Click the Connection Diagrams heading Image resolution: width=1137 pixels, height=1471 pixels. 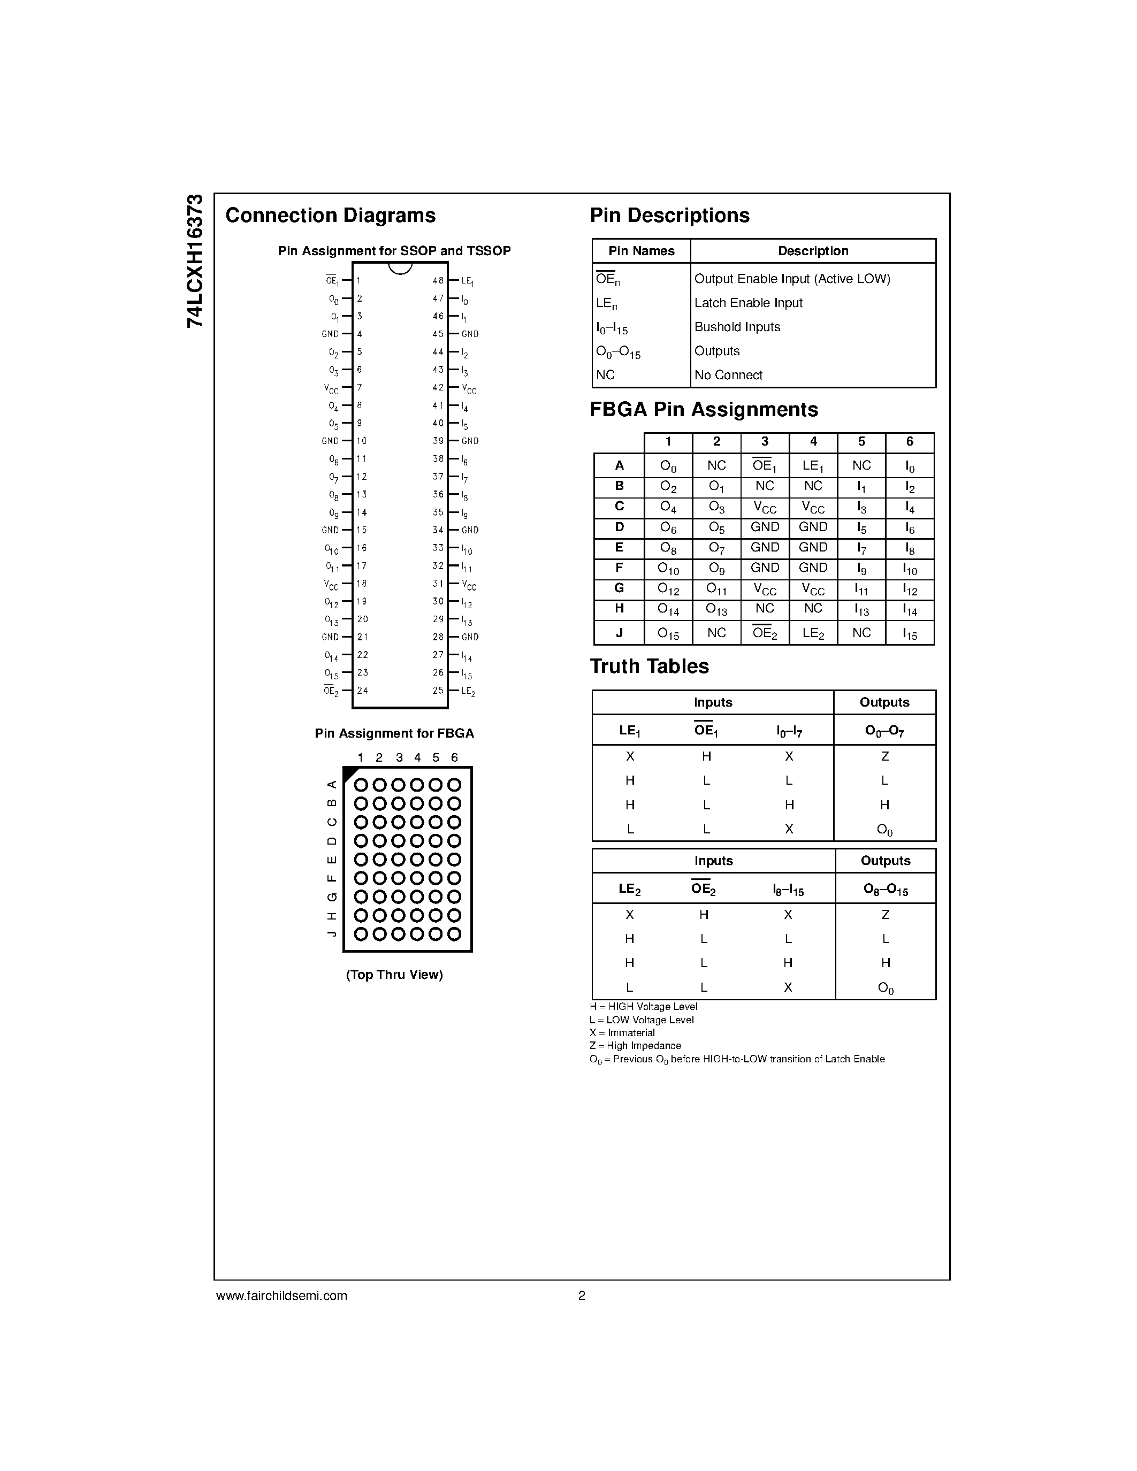[x=330, y=216]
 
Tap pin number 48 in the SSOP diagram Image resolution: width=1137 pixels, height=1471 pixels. [x=438, y=280]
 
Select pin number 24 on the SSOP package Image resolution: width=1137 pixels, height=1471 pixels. [x=362, y=691]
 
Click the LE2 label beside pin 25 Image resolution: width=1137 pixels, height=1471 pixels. [x=468, y=691]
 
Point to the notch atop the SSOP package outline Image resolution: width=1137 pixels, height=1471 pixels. [x=400, y=267]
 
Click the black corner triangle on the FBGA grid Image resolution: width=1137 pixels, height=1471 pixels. [x=349, y=773]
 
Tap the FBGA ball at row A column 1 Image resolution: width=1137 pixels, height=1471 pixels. [x=361, y=785]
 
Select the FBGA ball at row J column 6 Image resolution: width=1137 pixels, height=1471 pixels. [x=454, y=934]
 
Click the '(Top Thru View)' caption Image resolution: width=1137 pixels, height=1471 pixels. [x=394, y=975]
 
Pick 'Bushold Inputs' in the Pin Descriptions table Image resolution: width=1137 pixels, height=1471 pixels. [x=737, y=327]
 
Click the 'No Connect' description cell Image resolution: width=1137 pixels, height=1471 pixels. [x=728, y=375]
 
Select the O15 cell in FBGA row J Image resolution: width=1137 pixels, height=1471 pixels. [x=668, y=634]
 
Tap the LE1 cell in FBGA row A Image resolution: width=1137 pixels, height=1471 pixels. [x=813, y=466]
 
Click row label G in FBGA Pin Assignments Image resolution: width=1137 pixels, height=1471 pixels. [x=619, y=588]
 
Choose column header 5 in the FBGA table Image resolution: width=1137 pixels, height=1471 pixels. [x=861, y=442]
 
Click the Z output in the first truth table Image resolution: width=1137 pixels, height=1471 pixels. [x=884, y=756]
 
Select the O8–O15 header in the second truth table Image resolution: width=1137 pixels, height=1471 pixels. [x=885, y=889]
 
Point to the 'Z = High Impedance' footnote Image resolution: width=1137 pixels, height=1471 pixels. [x=635, y=1045]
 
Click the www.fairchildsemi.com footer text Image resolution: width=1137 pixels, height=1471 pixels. [x=281, y=1295]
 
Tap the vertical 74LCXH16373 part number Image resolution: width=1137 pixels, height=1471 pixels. [x=195, y=261]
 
